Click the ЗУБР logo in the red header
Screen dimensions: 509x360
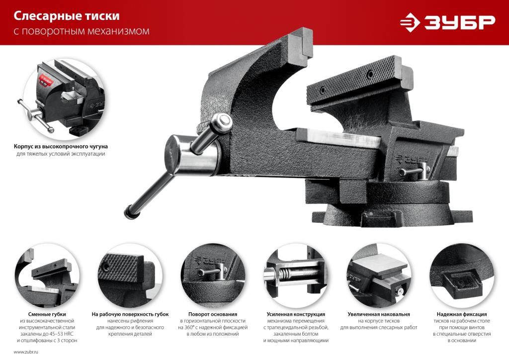(x=448, y=22)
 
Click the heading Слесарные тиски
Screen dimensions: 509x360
(x=67, y=16)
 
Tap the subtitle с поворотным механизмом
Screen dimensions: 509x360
(x=82, y=31)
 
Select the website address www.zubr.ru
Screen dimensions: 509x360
(x=26, y=352)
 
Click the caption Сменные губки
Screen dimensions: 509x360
(x=47, y=314)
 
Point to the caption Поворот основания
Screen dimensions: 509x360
(x=213, y=314)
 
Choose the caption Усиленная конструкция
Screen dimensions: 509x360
(x=296, y=314)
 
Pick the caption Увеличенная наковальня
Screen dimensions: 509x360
(x=378, y=314)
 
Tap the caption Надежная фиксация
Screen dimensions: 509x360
(x=462, y=314)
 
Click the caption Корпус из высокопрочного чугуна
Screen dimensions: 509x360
(x=61, y=146)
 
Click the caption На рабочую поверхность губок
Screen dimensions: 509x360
(x=130, y=314)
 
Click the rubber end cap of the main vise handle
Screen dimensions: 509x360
(x=130, y=212)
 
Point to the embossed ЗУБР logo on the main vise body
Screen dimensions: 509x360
(x=411, y=160)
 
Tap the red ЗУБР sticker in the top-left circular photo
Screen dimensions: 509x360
(x=46, y=80)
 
